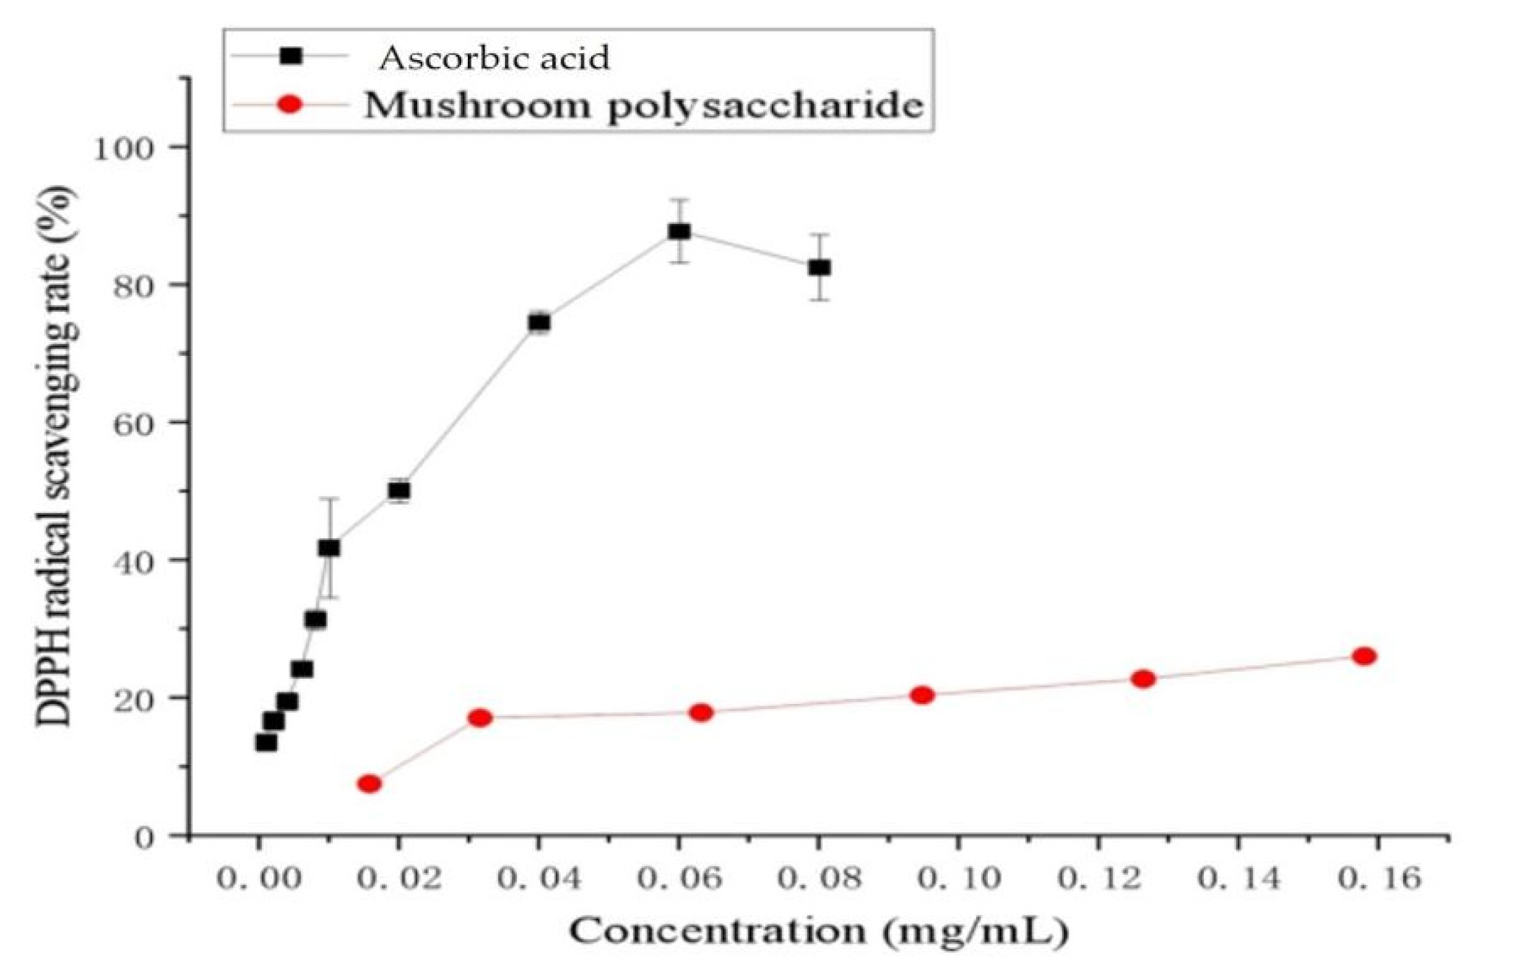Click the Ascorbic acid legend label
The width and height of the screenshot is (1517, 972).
[x=494, y=58]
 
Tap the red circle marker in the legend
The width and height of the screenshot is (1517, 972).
[x=290, y=104]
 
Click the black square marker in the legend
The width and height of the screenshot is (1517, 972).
[x=291, y=56]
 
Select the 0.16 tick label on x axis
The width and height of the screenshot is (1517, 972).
[x=1379, y=879]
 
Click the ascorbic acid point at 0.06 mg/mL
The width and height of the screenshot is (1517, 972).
[x=679, y=231]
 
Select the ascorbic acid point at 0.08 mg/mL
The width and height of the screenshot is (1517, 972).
[x=819, y=268]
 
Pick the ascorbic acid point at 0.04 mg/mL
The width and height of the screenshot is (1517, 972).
[x=539, y=323]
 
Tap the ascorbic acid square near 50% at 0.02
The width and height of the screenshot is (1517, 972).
[x=399, y=491]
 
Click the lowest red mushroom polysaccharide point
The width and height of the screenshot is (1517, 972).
[x=370, y=784]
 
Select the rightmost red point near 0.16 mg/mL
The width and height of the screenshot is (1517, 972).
[x=1364, y=656]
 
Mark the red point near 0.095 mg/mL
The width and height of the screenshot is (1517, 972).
[x=922, y=695]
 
